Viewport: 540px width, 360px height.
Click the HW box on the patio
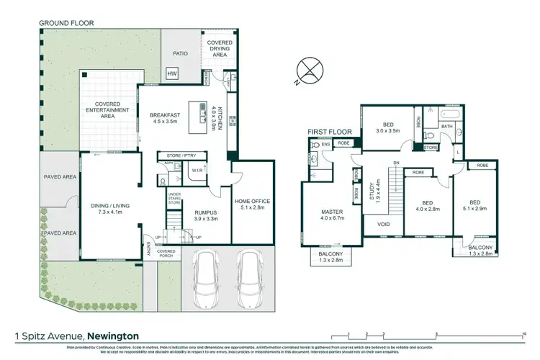tap(172, 74)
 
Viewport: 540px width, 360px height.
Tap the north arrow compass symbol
tap(308, 70)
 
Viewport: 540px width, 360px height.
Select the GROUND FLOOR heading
tap(67, 22)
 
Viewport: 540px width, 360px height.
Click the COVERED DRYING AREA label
tap(220, 48)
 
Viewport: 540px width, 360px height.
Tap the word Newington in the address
tap(114, 336)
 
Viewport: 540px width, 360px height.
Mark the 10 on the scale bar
tap(523, 333)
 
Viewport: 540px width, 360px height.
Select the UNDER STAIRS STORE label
tap(174, 199)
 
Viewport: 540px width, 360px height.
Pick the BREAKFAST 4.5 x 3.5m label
tap(166, 120)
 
